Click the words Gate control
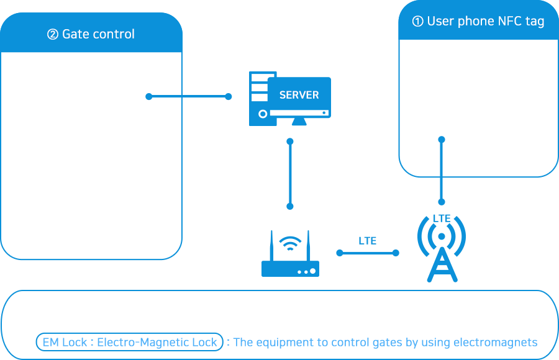pyautogui.click(x=98, y=34)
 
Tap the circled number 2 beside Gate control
pyautogui.click(x=53, y=35)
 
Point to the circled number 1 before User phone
pyautogui.click(x=418, y=22)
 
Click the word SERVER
pyautogui.click(x=299, y=95)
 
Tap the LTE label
pyautogui.click(x=367, y=241)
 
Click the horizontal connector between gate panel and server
pyautogui.click(x=206, y=96)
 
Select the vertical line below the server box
pyautogui.click(x=290, y=174)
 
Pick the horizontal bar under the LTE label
pyautogui.click(x=367, y=253)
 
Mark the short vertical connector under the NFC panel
pyautogui.click(x=442, y=192)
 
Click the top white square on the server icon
pyautogui.click(x=255, y=78)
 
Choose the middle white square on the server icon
pyautogui.click(x=255, y=88)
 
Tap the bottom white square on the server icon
pyautogui.click(x=255, y=97)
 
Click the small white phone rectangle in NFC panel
pyautogui.click(x=437, y=96)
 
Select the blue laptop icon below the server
pyautogui.click(x=290, y=253)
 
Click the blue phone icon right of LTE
pyautogui.click(x=439, y=248)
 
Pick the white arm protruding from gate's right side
pyautogui.click(x=157, y=155)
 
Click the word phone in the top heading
pyautogui.click(x=476, y=21)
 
